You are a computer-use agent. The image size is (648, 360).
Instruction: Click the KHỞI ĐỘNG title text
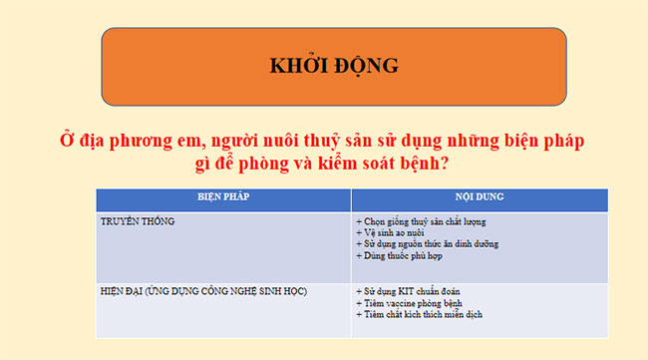point(334,67)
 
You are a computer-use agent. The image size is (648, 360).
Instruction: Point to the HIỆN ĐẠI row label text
point(203,291)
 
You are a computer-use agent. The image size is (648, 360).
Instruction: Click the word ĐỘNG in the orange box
point(364,67)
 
